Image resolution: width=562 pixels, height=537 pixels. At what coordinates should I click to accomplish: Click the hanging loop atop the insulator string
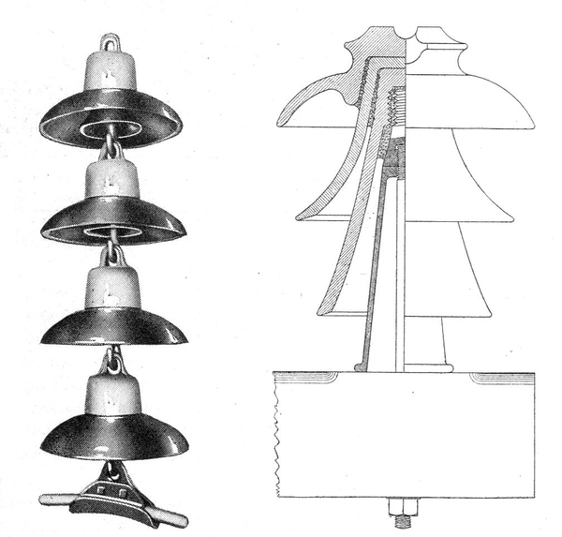pos(111,42)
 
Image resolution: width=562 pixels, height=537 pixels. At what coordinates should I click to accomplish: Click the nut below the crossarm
pos(404,512)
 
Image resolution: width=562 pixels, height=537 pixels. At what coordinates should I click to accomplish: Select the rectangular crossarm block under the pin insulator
pos(403,436)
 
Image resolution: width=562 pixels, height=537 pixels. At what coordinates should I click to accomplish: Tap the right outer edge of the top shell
pos(531,122)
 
